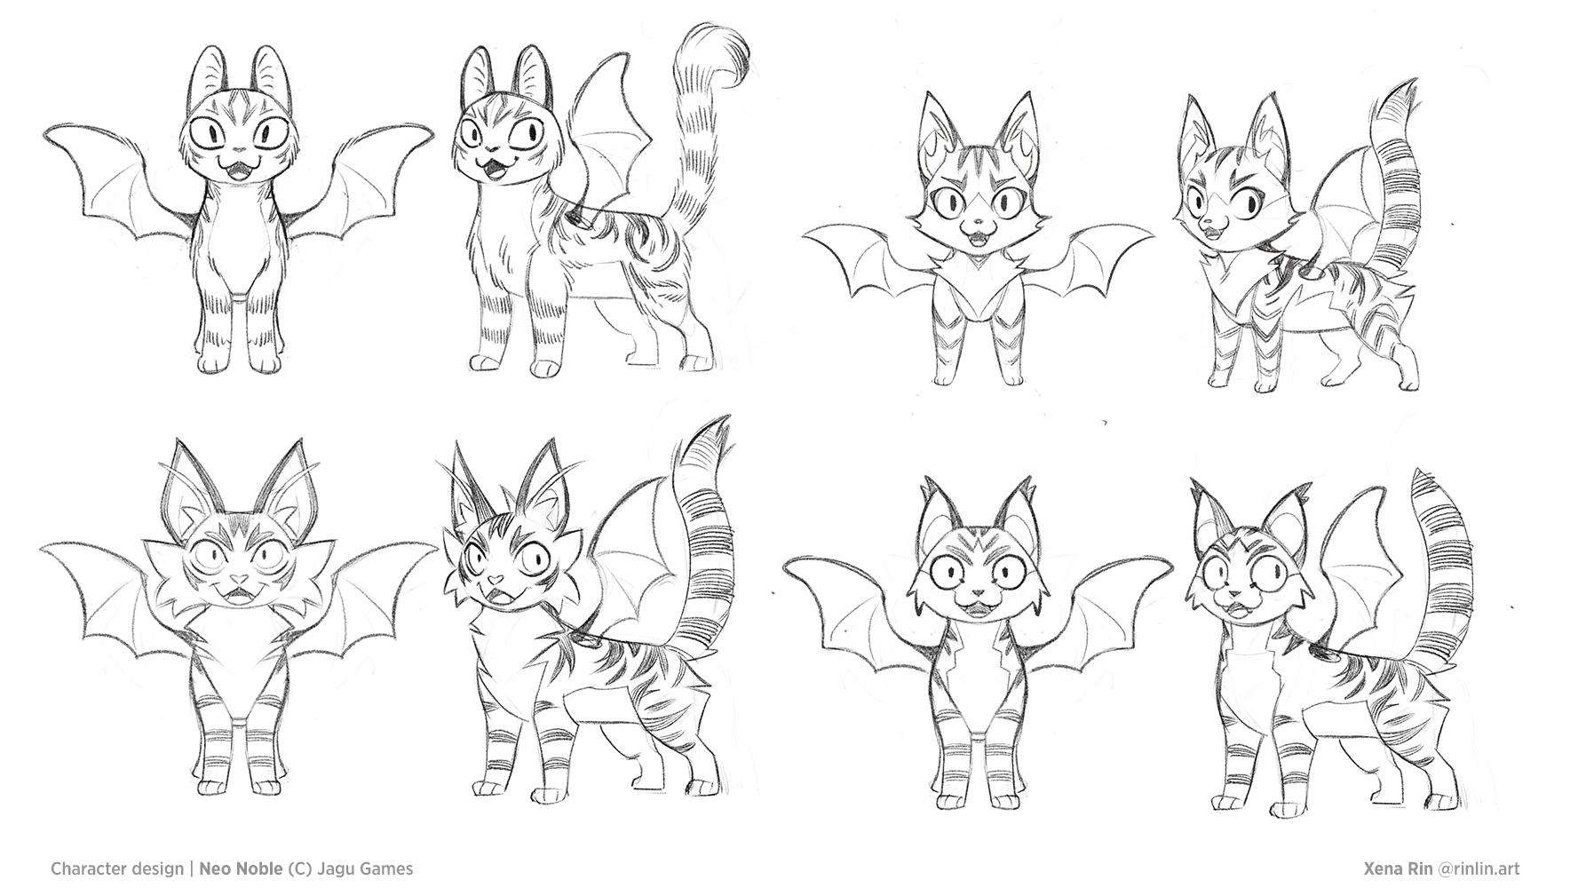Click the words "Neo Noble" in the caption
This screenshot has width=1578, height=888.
(x=242, y=868)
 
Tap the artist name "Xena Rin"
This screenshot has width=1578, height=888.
(x=1397, y=868)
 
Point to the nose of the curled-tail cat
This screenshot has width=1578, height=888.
(x=476, y=147)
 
